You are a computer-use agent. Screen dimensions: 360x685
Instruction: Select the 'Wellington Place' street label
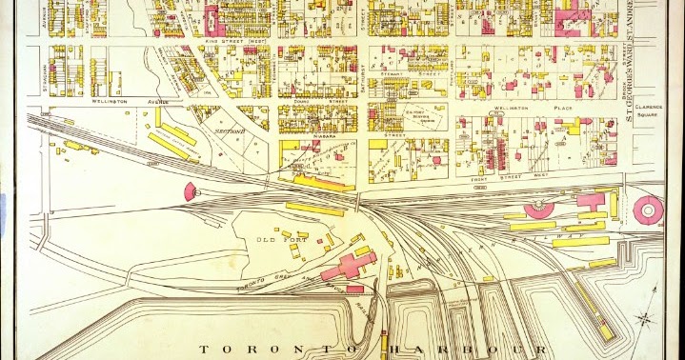click(x=516, y=109)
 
